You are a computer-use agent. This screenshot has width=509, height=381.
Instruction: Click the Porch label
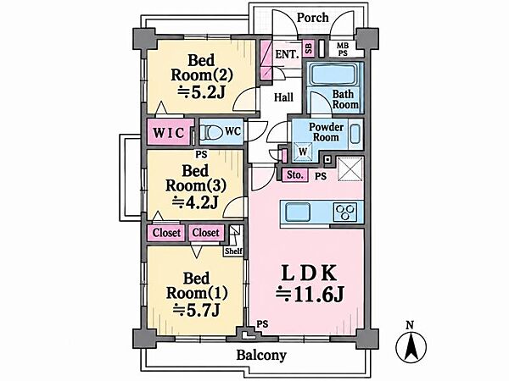point(312,18)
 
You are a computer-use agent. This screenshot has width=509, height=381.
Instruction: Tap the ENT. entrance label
point(287,54)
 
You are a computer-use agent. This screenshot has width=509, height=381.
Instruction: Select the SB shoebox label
point(309,48)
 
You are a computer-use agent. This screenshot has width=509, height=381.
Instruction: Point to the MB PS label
point(343,50)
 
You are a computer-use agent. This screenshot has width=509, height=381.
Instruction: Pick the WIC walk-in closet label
point(169,132)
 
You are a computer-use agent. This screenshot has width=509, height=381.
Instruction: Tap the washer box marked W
point(303,152)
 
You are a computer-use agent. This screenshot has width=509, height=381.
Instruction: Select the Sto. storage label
point(294,175)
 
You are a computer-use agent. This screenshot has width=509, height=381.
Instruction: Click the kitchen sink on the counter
point(298,213)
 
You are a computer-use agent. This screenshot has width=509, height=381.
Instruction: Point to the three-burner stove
point(345,213)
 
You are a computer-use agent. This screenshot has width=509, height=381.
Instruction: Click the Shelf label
point(233,251)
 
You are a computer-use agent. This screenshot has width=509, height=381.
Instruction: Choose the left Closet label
point(166,233)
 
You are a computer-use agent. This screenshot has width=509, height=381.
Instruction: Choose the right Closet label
point(206,233)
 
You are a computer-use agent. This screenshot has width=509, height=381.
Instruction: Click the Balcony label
point(261,355)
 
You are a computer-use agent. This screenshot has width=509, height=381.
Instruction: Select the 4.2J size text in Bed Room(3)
point(194,202)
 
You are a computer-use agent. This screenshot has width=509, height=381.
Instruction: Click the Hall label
point(283,97)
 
